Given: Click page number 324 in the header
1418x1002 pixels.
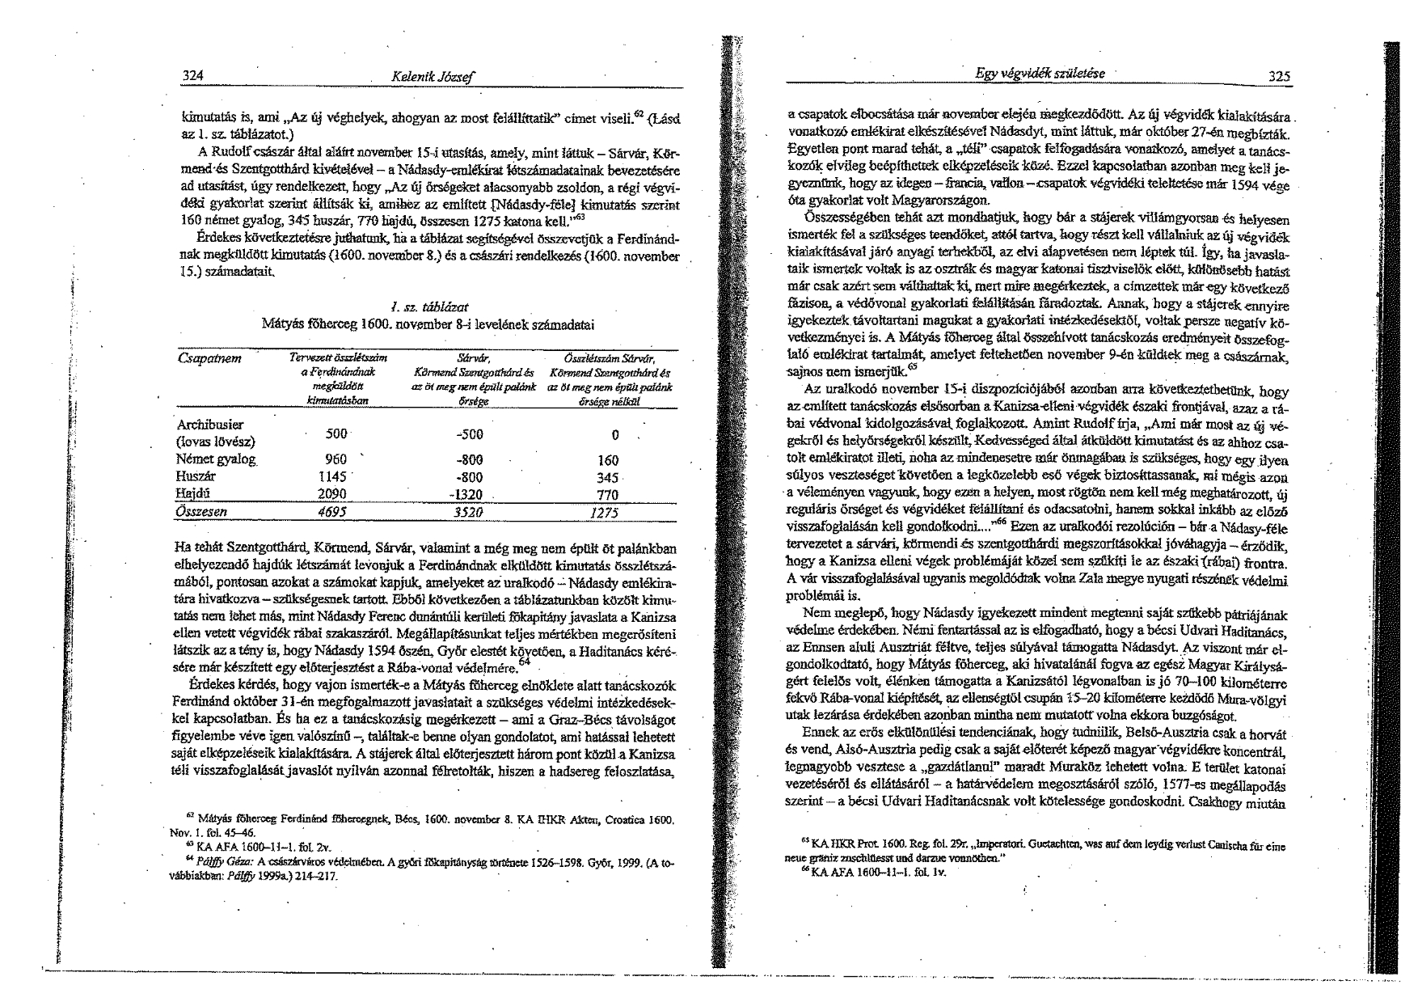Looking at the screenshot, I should [x=192, y=76].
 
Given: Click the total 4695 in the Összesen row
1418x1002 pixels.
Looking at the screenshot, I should [x=331, y=511].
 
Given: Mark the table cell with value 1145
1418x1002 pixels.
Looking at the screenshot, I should [x=333, y=476].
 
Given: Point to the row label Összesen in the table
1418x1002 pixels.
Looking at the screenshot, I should [x=201, y=511].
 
